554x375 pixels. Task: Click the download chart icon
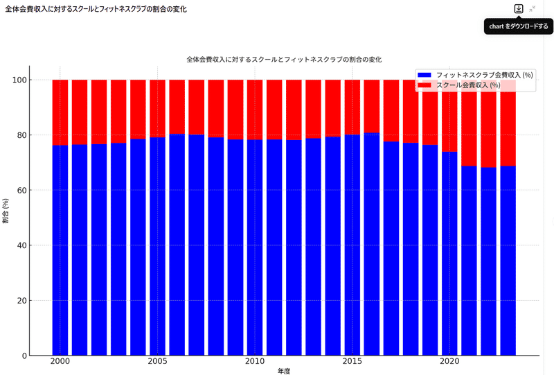518,9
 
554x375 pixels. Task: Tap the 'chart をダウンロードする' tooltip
519,26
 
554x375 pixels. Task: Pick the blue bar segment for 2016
372,243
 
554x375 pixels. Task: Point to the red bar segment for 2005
158,108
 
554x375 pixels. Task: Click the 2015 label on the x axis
352,362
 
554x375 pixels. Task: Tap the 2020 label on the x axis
450,362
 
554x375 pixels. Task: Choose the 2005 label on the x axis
158,362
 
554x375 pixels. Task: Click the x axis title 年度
284,372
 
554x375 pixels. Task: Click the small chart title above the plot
284,60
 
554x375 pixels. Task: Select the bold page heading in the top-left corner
96,9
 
